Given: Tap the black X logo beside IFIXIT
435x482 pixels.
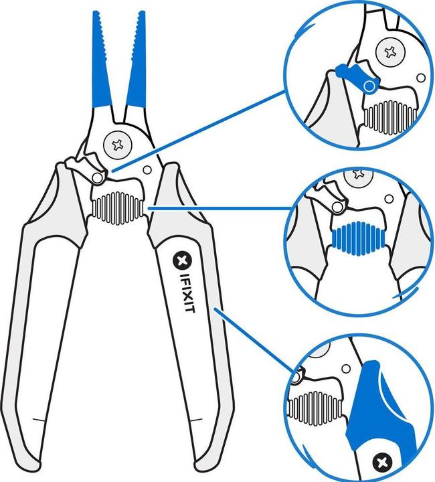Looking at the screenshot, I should point(180,258).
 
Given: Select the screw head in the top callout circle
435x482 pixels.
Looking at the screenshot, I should point(390,50).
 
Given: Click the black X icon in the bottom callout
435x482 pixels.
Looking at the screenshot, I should point(383,461).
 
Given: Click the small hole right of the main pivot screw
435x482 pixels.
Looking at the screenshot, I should point(148,169).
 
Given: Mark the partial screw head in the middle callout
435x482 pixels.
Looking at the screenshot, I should point(359,175).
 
